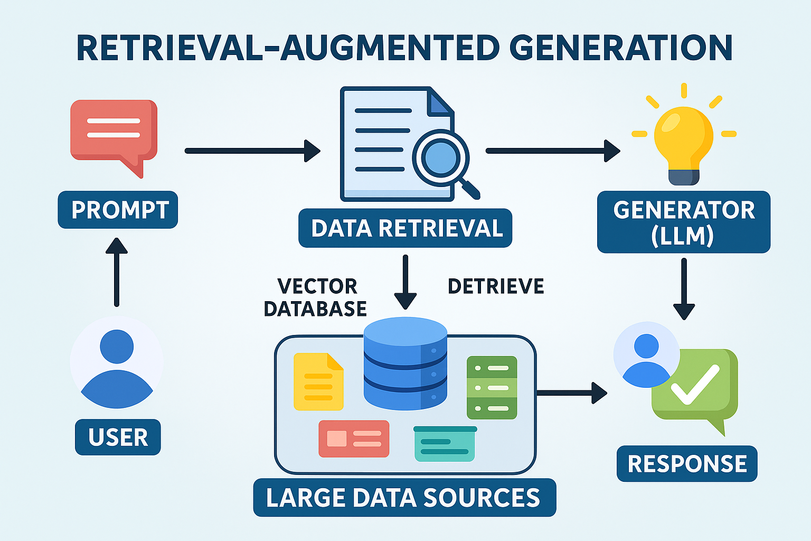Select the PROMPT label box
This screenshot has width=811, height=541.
(x=118, y=210)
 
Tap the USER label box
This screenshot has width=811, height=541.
(x=118, y=437)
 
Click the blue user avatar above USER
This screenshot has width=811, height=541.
(x=117, y=365)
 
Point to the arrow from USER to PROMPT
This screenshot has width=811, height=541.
(x=117, y=272)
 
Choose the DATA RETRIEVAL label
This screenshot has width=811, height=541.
(x=405, y=228)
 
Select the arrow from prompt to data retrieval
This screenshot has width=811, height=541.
(x=252, y=151)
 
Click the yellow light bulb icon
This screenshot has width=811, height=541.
(x=684, y=140)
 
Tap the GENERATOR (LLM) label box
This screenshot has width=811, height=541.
(x=684, y=222)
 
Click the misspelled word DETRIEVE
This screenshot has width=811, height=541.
(x=496, y=286)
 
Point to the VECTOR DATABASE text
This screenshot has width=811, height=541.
(x=316, y=297)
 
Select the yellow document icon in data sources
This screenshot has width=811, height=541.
(x=318, y=381)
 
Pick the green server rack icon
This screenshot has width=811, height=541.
(x=492, y=387)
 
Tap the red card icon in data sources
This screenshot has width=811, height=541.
(x=354, y=439)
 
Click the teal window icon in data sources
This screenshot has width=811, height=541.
(x=445, y=444)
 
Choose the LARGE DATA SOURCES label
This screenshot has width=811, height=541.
(x=404, y=498)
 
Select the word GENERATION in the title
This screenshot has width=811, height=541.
(x=621, y=48)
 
